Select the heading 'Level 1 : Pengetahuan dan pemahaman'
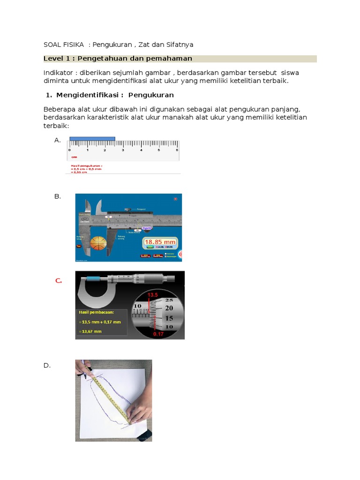pyautogui.click(x=118, y=59)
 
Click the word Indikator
pyautogui.click(x=60, y=73)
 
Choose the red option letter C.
pyautogui.click(x=59, y=281)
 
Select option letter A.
pyautogui.click(x=58, y=140)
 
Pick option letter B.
pyautogui.click(x=58, y=196)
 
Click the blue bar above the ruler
pyautogui.click(x=92, y=139)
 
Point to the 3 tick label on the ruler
pyautogui.click(x=123, y=150)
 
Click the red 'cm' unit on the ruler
pyautogui.click(x=74, y=157)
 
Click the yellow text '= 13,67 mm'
pyautogui.click(x=91, y=331)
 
